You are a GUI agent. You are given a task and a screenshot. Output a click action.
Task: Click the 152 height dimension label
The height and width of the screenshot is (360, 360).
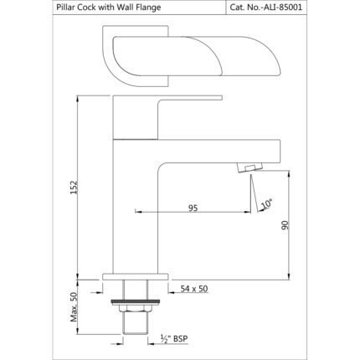click(74, 188)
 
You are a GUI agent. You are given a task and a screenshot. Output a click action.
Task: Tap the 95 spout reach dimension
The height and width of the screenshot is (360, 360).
click(193, 208)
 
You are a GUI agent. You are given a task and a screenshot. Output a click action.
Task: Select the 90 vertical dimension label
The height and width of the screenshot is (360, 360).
click(285, 225)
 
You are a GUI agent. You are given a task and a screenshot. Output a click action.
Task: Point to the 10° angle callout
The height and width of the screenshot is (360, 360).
click(266, 204)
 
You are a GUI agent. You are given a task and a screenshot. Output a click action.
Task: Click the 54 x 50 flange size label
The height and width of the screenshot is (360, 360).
click(194, 289)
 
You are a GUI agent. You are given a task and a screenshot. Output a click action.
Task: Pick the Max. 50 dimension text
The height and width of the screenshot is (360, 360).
click(74, 307)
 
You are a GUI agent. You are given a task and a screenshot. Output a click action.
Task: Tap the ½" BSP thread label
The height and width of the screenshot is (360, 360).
click(174, 339)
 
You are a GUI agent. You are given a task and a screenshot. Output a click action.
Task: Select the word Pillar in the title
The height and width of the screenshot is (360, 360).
click(64, 7)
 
